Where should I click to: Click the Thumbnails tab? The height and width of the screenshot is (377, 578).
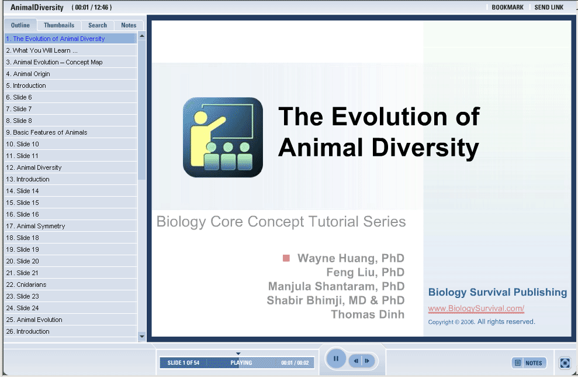[59, 25]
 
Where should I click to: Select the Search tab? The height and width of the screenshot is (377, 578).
[98, 25]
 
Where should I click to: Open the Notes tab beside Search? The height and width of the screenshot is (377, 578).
[129, 25]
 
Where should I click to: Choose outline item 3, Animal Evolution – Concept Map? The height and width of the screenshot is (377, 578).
[54, 62]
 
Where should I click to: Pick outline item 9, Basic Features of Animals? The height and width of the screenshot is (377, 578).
[46, 132]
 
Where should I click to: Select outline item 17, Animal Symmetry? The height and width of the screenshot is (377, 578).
[36, 226]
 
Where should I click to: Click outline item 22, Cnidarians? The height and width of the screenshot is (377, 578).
[26, 285]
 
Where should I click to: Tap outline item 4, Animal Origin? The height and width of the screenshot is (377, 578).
[28, 74]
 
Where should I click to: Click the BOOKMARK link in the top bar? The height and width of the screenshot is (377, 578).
[507, 8]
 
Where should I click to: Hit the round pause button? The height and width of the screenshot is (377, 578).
[336, 358]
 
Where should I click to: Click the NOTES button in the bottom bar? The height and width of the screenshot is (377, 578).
[529, 363]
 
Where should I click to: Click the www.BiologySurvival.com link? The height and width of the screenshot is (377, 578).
[476, 309]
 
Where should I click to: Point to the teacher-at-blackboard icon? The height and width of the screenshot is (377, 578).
[223, 138]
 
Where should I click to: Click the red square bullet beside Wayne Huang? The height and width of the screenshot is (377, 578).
[286, 258]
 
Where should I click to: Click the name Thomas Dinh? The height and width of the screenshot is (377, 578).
[368, 314]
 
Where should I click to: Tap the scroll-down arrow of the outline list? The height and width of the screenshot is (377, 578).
[141, 336]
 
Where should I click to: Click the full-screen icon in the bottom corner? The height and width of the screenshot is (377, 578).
[565, 363]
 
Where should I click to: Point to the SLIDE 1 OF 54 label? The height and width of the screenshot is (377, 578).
[183, 363]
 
